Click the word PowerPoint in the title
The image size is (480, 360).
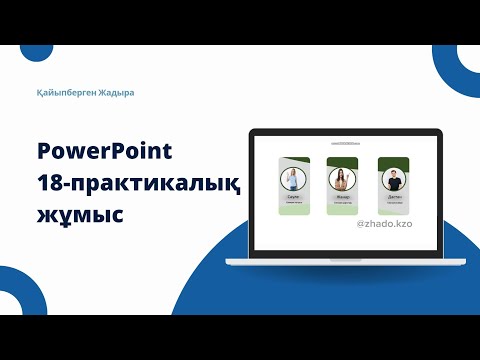click(104, 151)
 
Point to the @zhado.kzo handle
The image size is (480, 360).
click(384, 225)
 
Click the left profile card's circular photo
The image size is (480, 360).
click(295, 181)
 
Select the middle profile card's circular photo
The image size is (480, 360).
click(343, 179)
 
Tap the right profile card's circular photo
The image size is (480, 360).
click(391, 181)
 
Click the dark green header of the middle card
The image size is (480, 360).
click(343, 161)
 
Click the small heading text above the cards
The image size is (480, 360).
click(343, 145)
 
